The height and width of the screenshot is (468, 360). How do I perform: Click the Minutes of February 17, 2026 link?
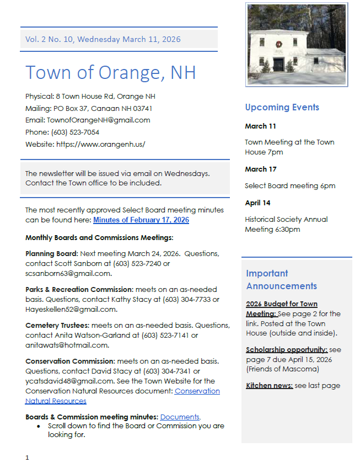141,220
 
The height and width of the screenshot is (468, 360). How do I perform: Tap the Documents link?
180,417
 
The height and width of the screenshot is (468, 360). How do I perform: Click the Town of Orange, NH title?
110,72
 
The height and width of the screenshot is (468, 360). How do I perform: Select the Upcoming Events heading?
282,107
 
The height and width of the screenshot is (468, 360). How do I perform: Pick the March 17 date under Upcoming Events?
261,169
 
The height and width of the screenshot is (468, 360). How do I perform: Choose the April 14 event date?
257,203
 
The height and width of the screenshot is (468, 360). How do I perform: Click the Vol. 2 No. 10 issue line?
103,39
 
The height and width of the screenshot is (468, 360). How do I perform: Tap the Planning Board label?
51,254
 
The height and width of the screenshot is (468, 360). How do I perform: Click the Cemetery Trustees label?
57,326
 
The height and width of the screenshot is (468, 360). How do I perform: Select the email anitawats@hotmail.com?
67,345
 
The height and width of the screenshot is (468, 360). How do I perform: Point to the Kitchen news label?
269,386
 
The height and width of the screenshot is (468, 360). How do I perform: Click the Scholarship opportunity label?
287,350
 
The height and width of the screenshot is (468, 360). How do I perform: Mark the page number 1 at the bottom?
27,458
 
